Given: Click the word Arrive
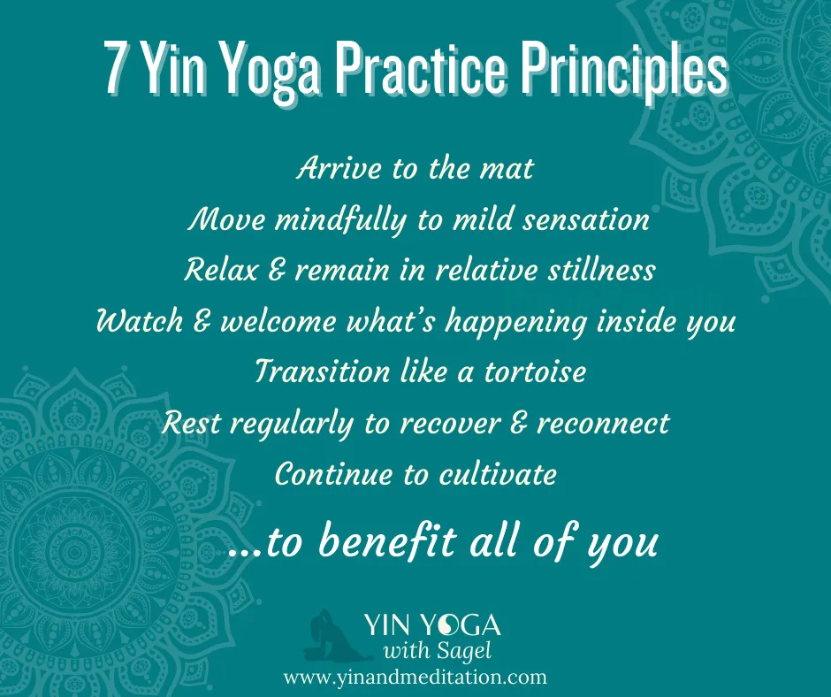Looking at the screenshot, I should [x=339, y=168].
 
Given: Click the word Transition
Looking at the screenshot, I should [x=318, y=371].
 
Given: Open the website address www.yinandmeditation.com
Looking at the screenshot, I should [x=415, y=678].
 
